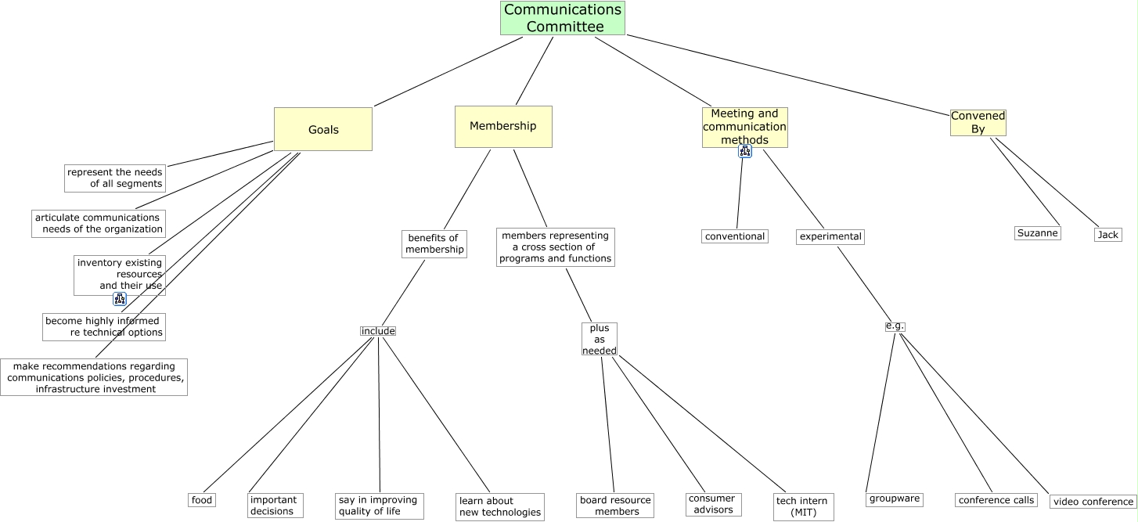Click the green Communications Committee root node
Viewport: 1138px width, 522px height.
point(563,18)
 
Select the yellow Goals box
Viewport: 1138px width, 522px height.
point(322,129)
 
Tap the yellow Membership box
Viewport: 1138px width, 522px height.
point(503,126)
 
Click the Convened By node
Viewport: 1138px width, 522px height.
point(978,123)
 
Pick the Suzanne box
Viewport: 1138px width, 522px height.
point(1037,233)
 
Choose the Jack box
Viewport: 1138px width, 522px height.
point(1107,235)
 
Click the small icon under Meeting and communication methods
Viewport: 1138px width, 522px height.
point(744,152)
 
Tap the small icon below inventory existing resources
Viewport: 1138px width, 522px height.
point(120,299)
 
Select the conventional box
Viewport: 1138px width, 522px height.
point(734,236)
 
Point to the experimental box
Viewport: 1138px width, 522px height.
point(830,236)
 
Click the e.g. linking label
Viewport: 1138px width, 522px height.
point(895,326)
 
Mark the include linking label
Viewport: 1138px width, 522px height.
point(378,331)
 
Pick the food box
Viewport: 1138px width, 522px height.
point(202,500)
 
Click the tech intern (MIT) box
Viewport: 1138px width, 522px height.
point(804,506)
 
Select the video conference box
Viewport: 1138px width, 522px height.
point(1093,502)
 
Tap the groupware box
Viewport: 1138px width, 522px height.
point(894,499)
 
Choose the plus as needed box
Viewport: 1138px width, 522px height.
point(600,339)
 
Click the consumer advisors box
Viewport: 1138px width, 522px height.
point(713,504)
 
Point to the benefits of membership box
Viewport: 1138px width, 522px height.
point(434,244)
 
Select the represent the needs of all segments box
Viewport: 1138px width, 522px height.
point(114,178)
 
